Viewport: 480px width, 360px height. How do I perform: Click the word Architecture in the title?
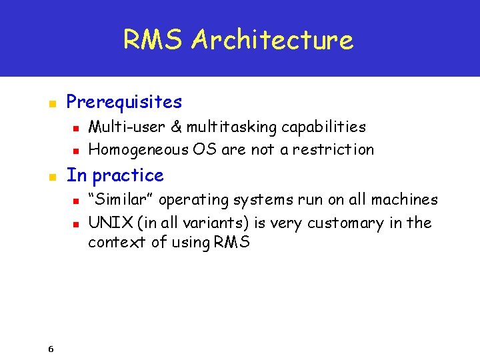click(x=272, y=40)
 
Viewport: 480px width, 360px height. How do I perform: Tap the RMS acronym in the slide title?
click(x=153, y=40)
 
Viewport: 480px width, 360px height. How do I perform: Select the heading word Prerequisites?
click(x=124, y=102)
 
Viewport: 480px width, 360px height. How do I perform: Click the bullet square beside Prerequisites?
click(x=51, y=103)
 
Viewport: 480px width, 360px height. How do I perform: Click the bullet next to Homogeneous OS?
click(x=75, y=151)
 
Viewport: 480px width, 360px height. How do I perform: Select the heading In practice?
click(x=115, y=175)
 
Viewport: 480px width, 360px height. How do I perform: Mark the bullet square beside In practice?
click(x=51, y=177)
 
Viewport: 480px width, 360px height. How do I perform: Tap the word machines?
click(x=407, y=199)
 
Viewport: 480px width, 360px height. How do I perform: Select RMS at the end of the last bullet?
click(x=232, y=242)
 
